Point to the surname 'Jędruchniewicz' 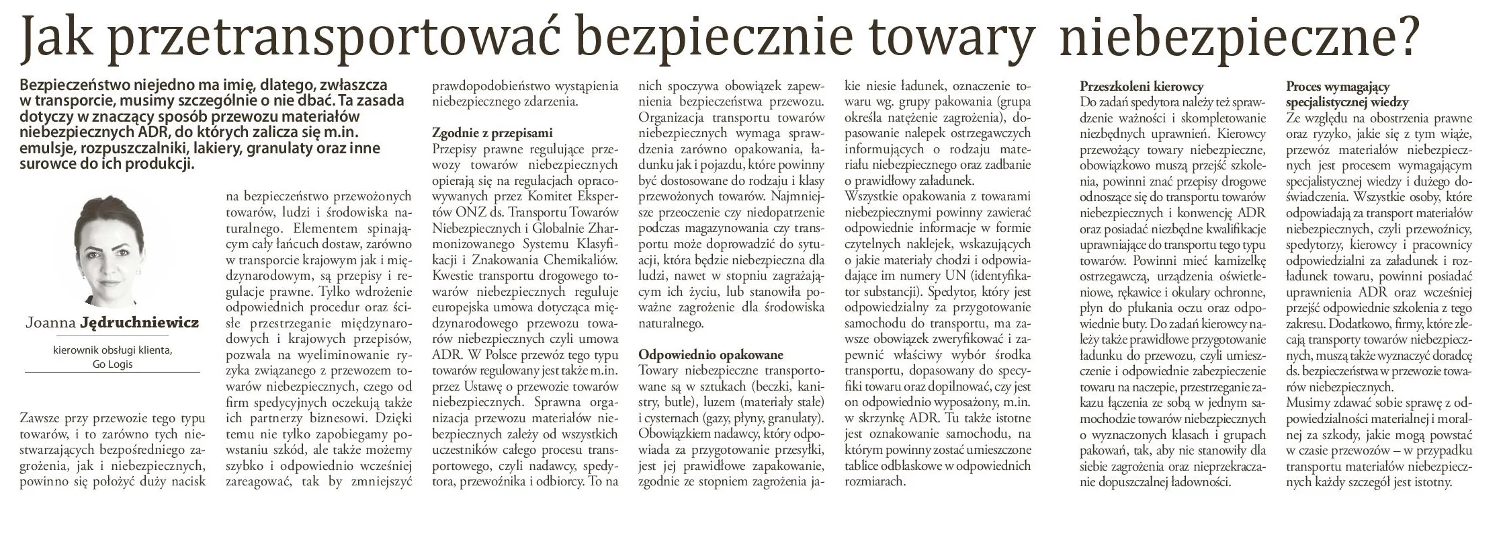pyautogui.click(x=139, y=323)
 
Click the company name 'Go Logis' pyautogui.click(x=113, y=364)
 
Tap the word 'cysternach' pyautogui.click(x=674, y=418)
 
